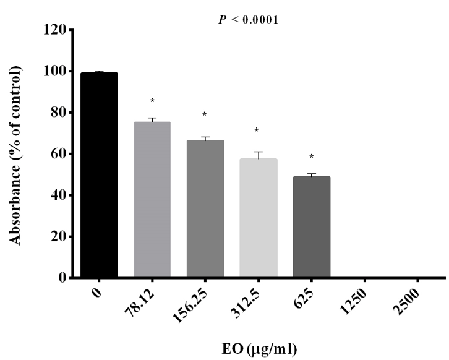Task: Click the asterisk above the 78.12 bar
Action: pos(152,101)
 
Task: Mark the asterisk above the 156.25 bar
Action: pos(205,115)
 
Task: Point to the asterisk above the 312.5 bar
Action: pos(258,131)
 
